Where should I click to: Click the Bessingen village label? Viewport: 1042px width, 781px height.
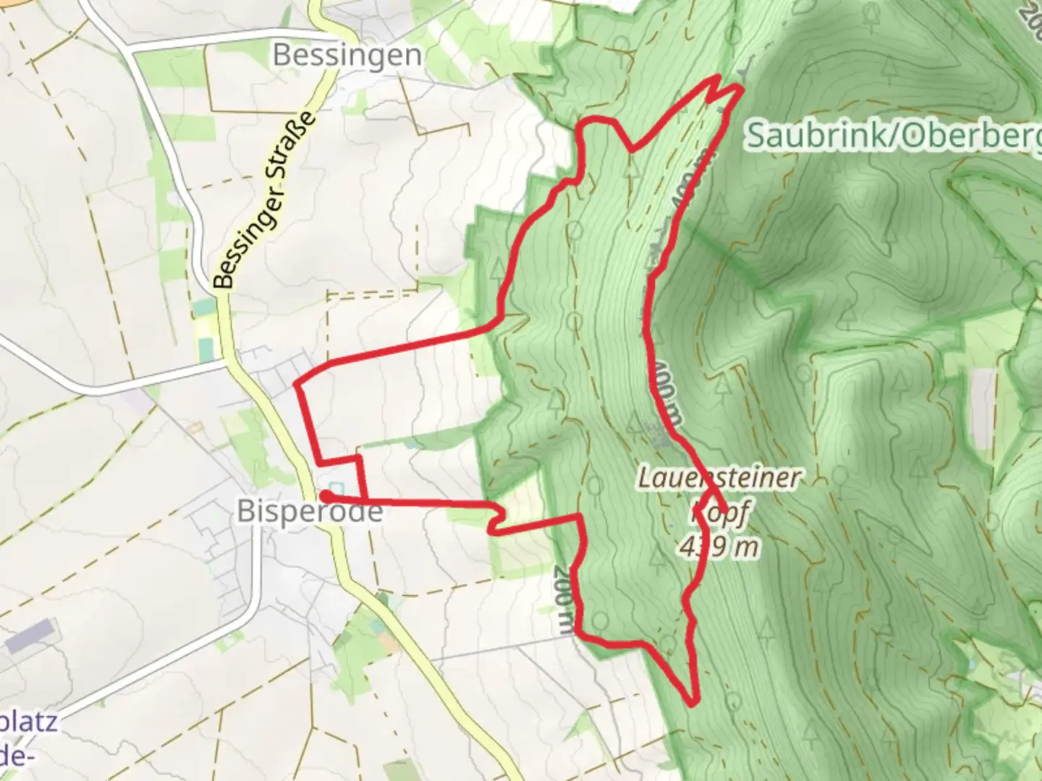[347, 56]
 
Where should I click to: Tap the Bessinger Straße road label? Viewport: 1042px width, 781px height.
[266, 200]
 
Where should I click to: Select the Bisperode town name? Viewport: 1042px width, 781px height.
[310, 512]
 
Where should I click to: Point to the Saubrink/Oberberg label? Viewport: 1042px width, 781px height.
[894, 135]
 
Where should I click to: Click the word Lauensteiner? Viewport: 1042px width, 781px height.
[720, 478]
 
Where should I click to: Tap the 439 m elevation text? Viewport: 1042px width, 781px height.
[719, 547]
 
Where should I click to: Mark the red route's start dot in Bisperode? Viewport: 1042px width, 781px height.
[326, 496]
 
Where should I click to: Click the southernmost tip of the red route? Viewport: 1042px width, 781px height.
[693, 702]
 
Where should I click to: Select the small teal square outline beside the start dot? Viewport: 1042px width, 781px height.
[334, 487]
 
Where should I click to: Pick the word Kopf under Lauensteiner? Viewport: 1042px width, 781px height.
[719, 512]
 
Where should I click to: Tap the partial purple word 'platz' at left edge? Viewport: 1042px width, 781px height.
[29, 722]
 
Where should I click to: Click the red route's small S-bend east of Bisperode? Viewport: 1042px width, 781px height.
[496, 520]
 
